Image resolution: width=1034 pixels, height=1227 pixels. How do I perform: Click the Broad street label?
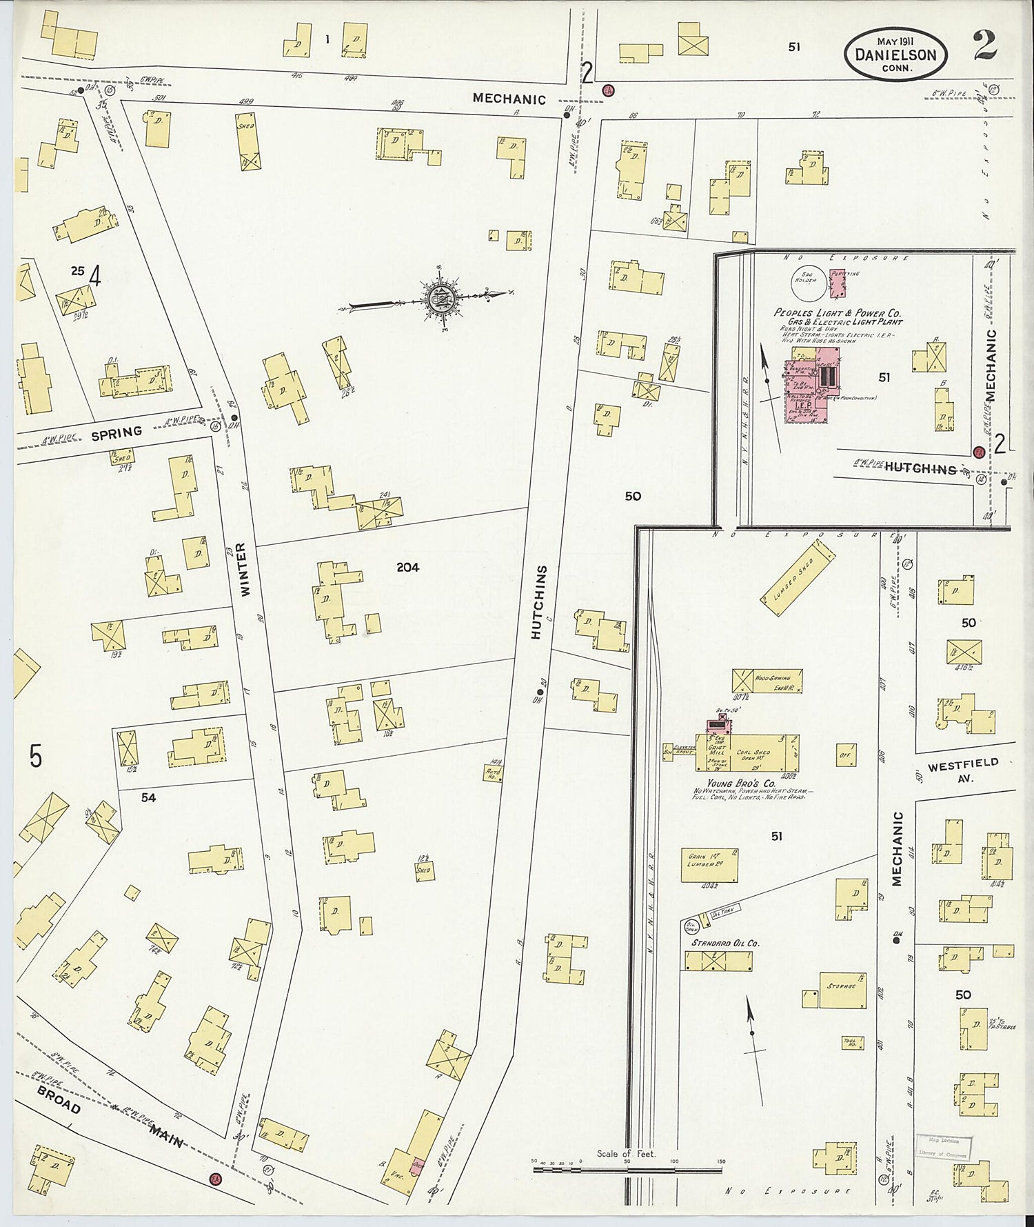click(x=59, y=1101)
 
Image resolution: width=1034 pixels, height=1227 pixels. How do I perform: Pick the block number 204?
click(x=408, y=568)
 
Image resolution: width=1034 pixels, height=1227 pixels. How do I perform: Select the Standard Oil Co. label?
click(x=720, y=942)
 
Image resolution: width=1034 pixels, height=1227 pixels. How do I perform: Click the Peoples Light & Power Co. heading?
click(x=837, y=312)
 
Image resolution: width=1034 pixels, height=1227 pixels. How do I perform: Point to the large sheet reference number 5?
click(x=36, y=757)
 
